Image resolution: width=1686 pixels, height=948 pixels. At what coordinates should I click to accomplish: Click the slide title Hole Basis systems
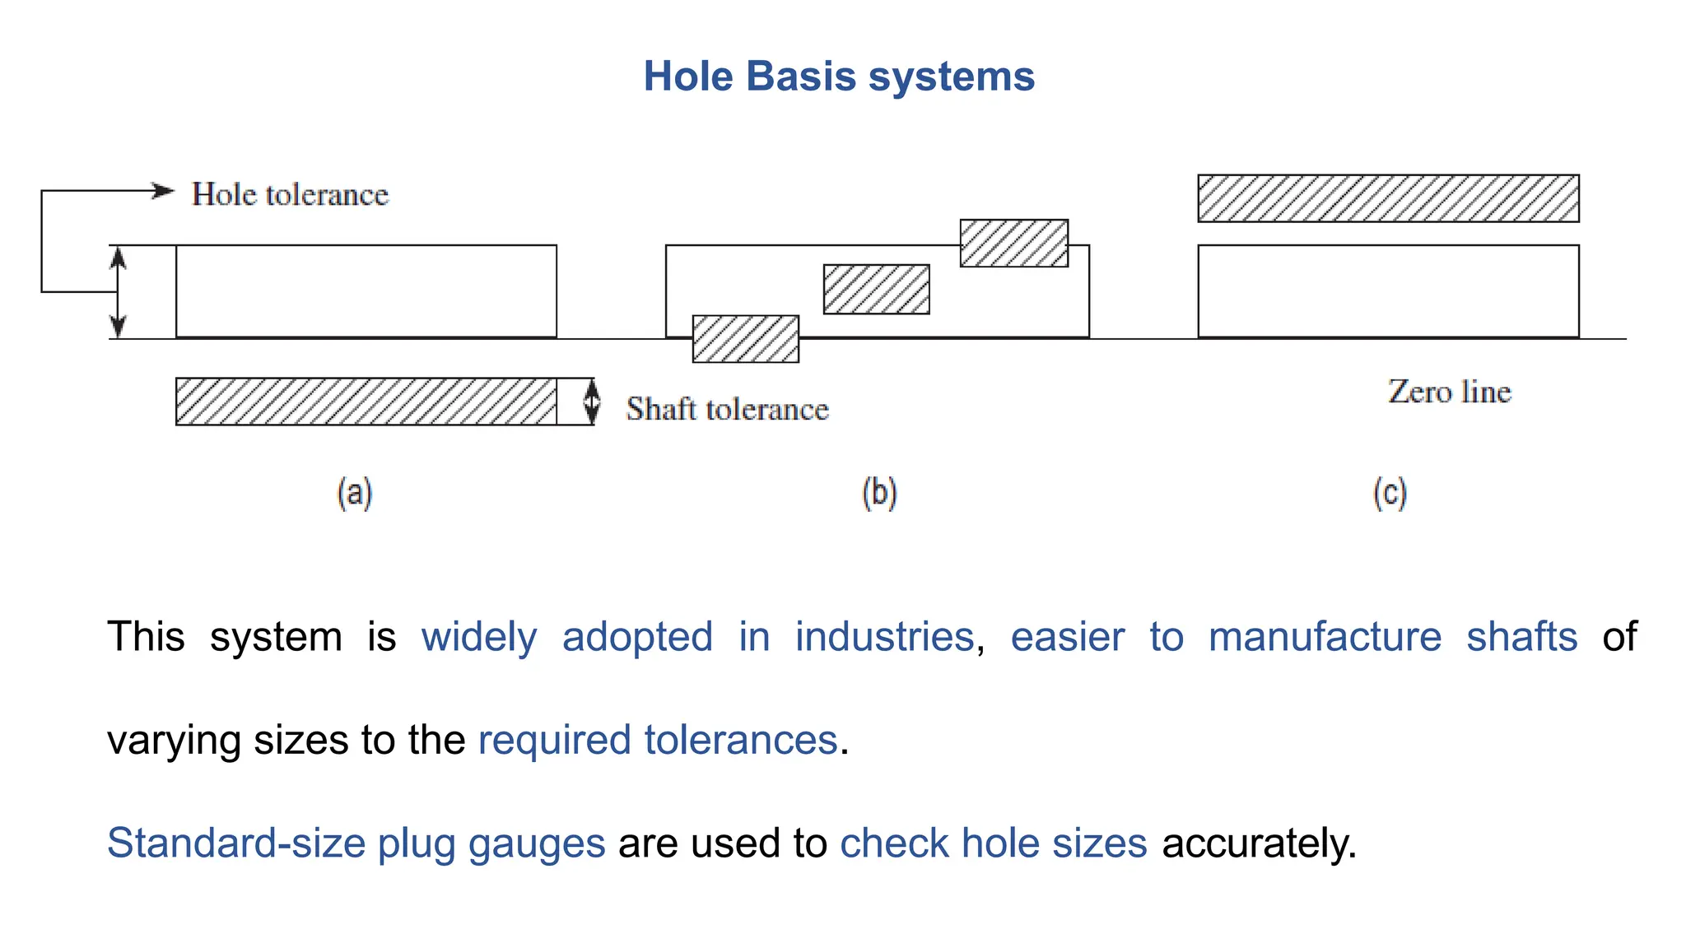coord(838,77)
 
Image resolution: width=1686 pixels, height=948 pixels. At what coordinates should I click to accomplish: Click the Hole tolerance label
coord(290,195)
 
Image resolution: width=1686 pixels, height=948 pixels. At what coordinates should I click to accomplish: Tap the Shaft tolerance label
coord(727,409)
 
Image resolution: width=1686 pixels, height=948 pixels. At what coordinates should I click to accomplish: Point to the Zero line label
coord(1449,392)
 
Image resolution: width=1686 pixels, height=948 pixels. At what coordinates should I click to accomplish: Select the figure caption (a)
coord(355,494)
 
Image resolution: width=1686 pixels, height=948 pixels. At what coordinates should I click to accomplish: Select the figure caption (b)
coord(879,494)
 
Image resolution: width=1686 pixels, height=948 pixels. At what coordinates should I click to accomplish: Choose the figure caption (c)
coord(1390,494)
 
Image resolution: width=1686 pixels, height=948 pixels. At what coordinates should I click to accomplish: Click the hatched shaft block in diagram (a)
coord(366,402)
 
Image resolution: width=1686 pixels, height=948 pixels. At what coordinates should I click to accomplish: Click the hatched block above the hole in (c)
coord(1388,198)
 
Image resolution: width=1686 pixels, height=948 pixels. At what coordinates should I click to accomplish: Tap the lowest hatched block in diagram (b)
coord(745,339)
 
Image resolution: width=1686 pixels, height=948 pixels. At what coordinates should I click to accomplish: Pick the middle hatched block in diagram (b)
coord(876,289)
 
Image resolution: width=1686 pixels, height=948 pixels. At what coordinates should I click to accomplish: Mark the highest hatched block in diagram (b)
coord(1013,243)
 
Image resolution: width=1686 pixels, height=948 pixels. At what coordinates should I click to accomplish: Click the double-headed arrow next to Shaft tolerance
coord(591,402)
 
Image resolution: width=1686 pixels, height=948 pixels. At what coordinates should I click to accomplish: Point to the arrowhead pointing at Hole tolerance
coord(164,191)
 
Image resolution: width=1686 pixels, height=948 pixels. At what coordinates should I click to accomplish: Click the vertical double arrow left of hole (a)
coord(118,292)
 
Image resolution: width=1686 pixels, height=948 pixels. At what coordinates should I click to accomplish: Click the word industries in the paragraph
coord(884,638)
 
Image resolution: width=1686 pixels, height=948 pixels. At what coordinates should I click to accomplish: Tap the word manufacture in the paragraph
coord(1325,638)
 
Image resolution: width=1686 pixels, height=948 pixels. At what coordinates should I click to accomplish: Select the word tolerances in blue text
coord(740,740)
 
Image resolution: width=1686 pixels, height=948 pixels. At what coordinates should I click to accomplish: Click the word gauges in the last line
coord(536,843)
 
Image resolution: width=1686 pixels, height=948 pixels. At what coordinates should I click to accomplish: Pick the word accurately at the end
coord(1258,843)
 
